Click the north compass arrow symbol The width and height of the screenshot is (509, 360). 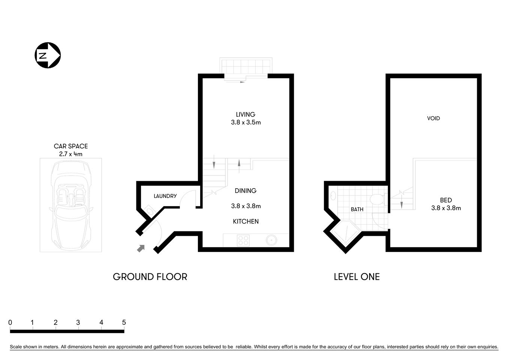pos(48,55)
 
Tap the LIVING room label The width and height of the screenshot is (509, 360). pos(246,114)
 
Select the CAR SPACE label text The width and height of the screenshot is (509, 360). pos(71,146)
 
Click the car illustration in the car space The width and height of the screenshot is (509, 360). pos(71,204)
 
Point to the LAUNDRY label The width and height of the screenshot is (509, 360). pos(165,196)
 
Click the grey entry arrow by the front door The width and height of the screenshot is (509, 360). pos(141,248)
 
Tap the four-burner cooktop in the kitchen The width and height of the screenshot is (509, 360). pos(243,240)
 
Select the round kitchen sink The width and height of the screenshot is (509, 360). pos(271,240)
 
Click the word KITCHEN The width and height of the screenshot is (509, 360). pos(246,222)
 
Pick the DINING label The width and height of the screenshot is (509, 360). pos(246,191)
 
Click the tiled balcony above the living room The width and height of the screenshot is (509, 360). pos(246,66)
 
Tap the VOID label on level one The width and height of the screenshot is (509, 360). pos(433,118)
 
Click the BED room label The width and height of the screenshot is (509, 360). pos(446,200)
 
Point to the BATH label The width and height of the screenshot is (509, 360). pos(357,210)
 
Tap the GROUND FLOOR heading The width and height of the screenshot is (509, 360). pos(150,277)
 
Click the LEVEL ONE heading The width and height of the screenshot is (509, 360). pos(356,277)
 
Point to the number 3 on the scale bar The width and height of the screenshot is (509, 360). pos(78,322)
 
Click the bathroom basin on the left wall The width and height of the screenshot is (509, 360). pos(333,195)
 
